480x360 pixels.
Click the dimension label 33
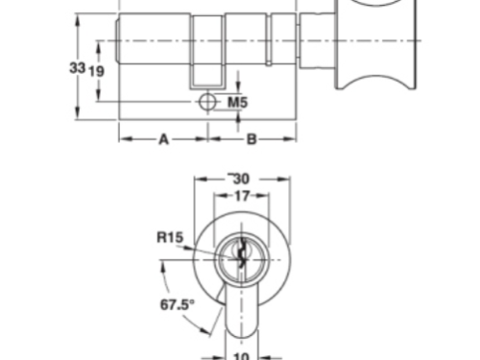(78, 68)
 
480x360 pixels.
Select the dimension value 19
(96, 71)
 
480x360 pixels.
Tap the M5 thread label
(237, 103)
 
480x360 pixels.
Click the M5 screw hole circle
(207, 102)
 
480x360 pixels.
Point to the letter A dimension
(163, 139)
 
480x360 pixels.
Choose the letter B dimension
(252, 139)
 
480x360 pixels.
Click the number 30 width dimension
(241, 179)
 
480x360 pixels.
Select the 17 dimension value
(242, 196)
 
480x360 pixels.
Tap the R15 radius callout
(170, 237)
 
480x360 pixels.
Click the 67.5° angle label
(177, 304)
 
